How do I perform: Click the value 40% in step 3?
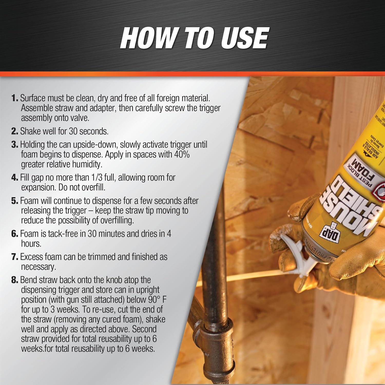(x=182, y=155)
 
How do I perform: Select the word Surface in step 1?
(x=33, y=98)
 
